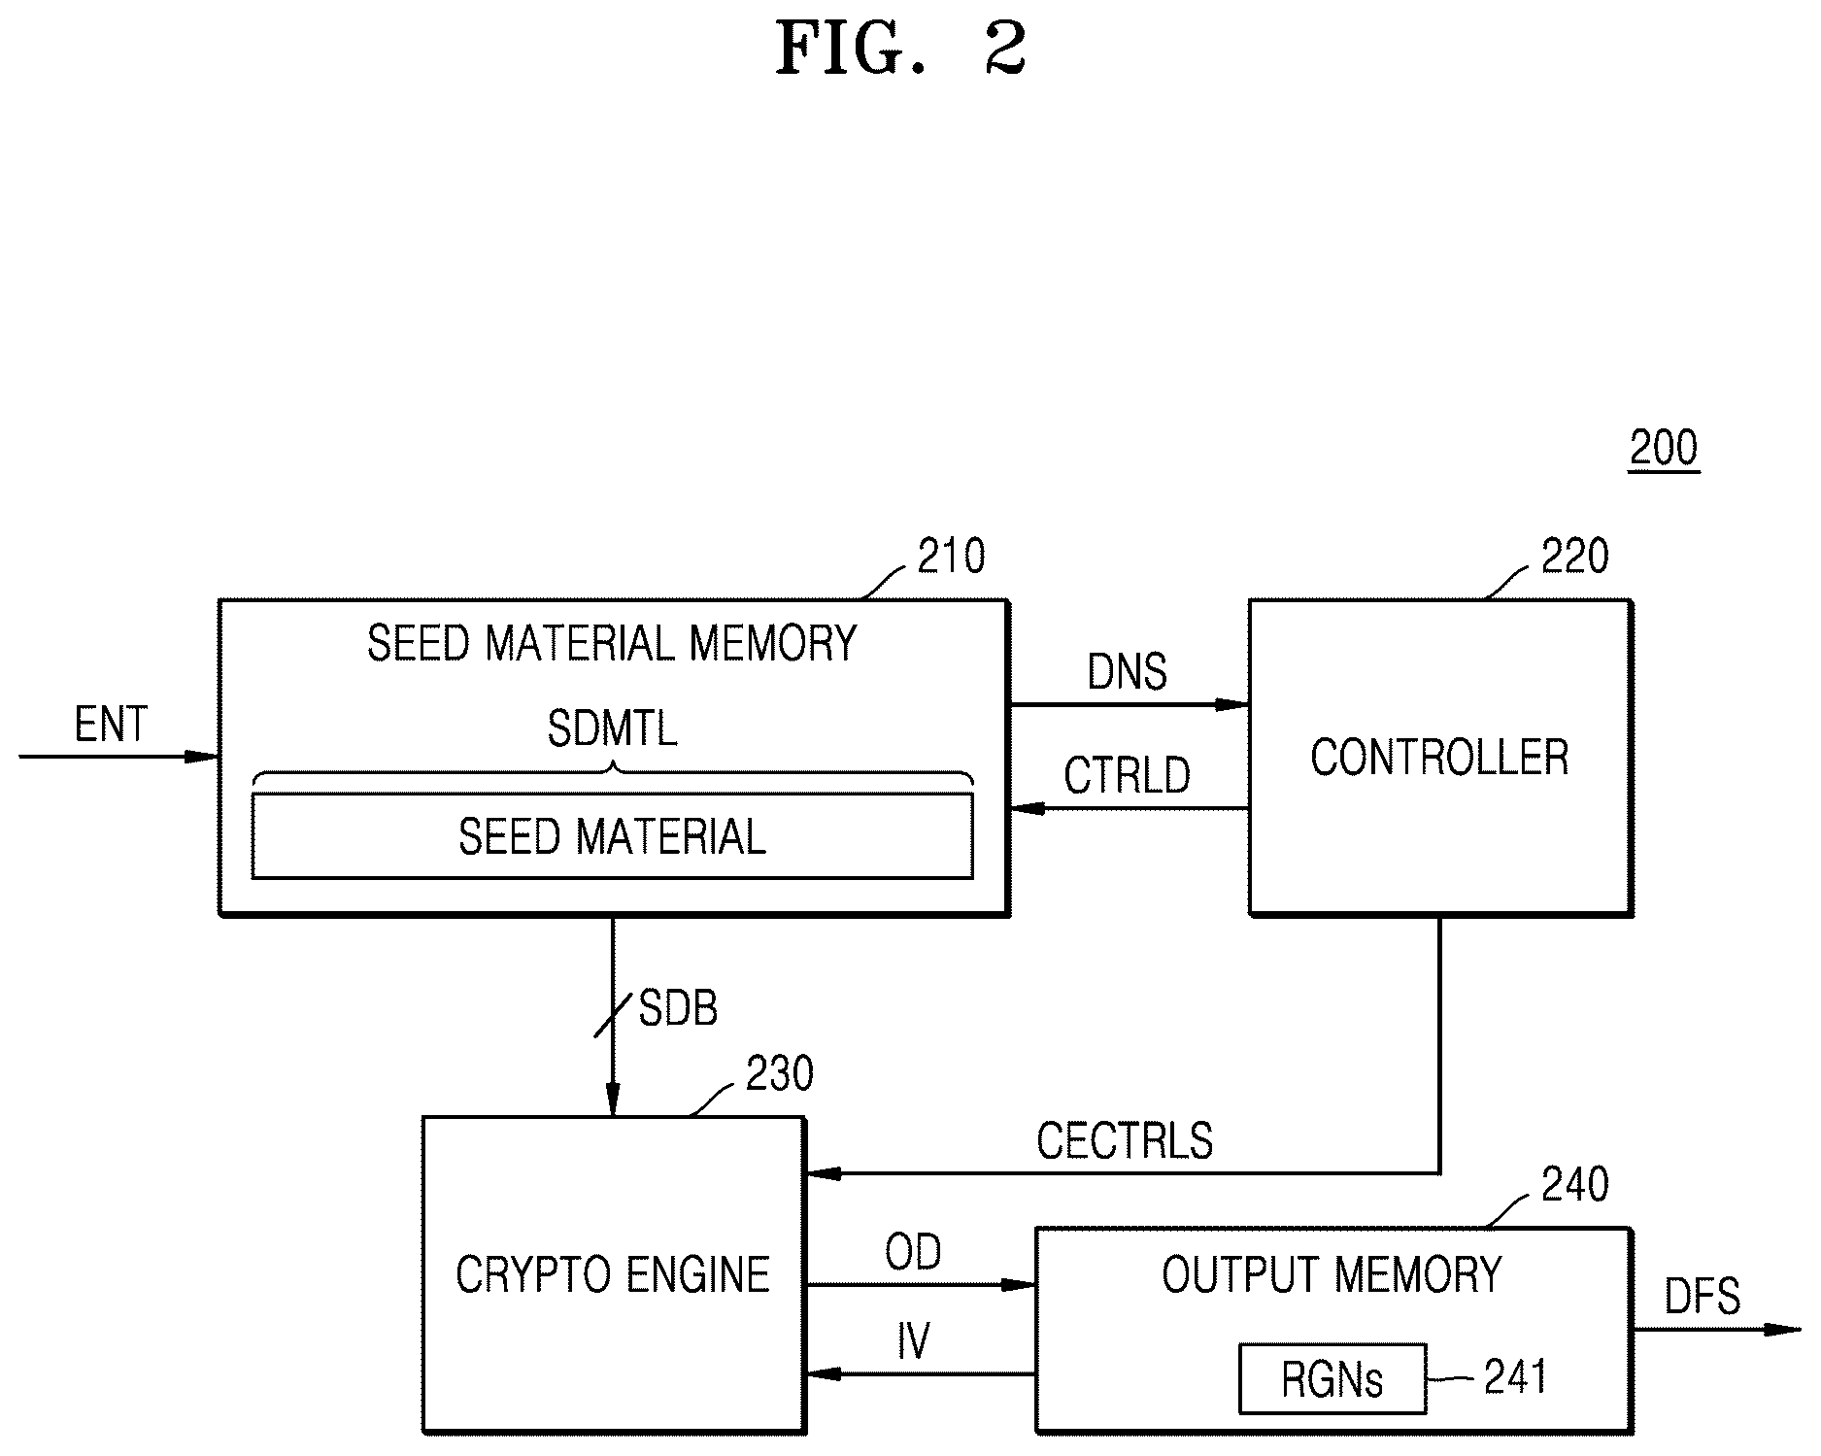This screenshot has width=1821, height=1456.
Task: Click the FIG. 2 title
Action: pos(901,50)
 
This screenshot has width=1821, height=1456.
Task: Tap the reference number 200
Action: pos(1664,448)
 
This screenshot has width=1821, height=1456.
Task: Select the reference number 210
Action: pos(951,556)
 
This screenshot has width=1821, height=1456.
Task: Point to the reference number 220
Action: pos(1574,556)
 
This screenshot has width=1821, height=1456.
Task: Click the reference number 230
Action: pos(779,1073)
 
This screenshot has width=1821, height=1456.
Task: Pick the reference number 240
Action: pos(1574,1184)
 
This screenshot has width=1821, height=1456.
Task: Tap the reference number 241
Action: pos(1515,1376)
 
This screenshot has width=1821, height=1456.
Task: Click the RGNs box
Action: pos(1332,1378)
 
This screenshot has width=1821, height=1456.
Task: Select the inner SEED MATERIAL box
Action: pos(612,836)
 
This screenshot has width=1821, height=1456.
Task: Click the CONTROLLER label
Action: pos(1439,758)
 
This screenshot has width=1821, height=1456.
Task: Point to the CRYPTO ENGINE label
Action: pos(612,1274)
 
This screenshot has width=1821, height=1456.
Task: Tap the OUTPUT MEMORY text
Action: pos(1332,1274)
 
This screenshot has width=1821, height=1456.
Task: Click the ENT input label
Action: pos(111,725)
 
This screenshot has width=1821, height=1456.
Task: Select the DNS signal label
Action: pos(1127,671)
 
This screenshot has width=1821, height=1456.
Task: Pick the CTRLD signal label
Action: pos(1127,776)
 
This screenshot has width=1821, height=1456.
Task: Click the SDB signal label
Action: pos(678,1008)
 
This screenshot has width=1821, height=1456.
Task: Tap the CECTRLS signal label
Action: pos(1125,1141)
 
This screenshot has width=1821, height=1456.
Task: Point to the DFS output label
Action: pos(1703,1297)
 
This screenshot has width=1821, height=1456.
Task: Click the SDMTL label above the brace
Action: pos(612,728)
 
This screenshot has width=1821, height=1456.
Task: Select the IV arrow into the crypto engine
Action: pos(921,1374)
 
